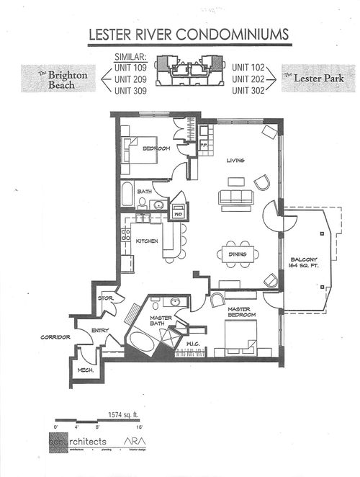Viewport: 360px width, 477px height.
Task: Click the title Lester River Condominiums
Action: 189,35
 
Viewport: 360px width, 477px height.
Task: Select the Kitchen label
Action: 147,241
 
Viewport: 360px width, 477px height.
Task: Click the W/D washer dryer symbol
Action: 177,213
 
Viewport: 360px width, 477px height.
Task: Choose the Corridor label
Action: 54,336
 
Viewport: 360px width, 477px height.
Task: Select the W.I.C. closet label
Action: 192,344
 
